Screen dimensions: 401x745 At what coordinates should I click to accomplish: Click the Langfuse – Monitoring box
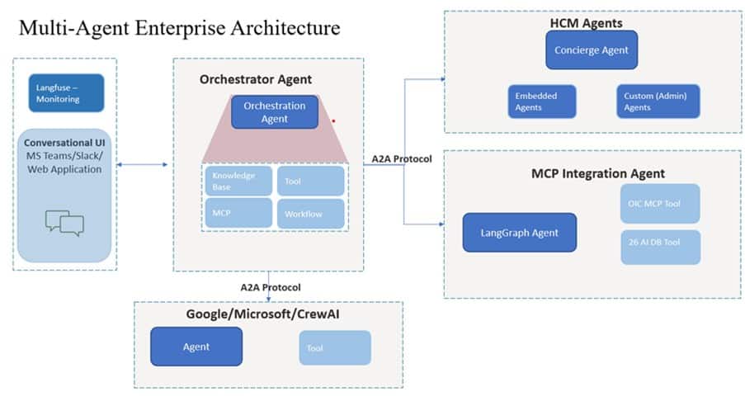pos(66,92)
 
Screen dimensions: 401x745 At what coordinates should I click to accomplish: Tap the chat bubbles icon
pos(65,222)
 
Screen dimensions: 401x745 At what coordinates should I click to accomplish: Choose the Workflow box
pos(310,214)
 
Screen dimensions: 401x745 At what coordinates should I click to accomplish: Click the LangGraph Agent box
pos(519,233)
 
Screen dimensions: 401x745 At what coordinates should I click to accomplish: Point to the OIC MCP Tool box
pos(659,203)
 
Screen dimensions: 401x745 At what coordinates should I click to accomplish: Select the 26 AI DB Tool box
pos(659,247)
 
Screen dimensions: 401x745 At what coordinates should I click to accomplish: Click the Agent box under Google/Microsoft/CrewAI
pos(196,347)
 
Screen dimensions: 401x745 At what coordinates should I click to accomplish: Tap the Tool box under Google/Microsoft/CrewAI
pos(334,347)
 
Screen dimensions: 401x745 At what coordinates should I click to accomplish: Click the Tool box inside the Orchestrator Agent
pos(310,181)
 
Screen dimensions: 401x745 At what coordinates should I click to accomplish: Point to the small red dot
pos(333,120)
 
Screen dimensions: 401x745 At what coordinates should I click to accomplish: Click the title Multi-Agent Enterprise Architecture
pos(179,28)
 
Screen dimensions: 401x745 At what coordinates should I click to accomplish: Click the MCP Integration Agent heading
pos(597,173)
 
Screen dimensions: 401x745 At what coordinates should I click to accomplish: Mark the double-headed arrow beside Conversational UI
pos(145,166)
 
